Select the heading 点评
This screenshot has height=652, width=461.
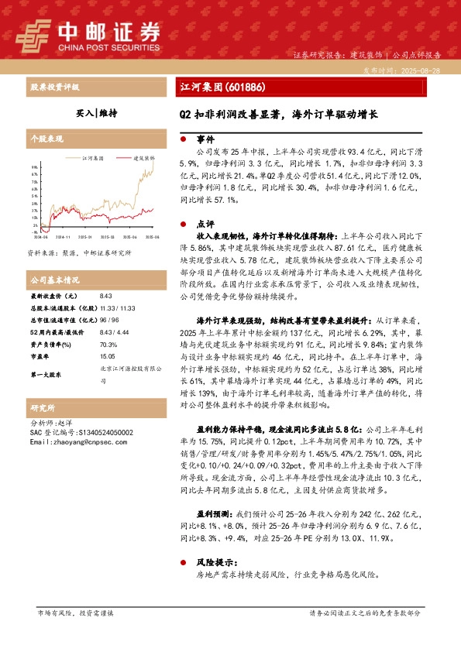(x=205, y=222)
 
